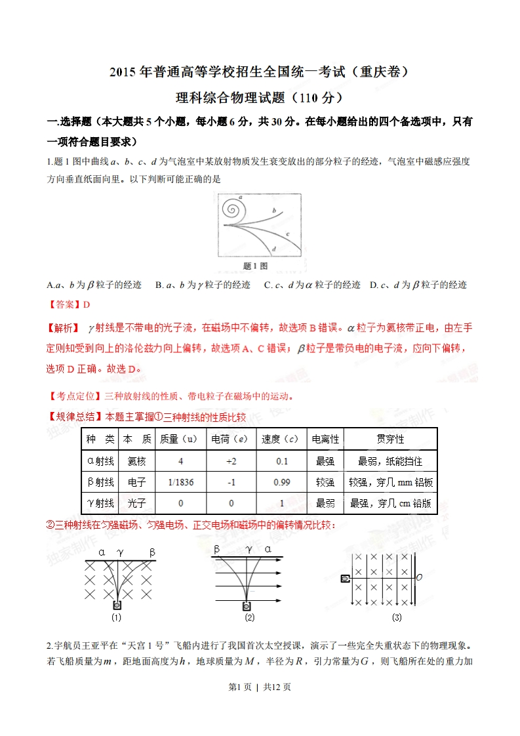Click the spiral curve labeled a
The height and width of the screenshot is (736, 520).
point(231,209)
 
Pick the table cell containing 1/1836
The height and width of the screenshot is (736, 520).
point(180,482)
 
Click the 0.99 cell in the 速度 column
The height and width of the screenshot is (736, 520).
point(282,482)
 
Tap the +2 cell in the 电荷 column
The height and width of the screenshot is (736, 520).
point(231,461)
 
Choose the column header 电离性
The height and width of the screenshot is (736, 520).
point(326,439)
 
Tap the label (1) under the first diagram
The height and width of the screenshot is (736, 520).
point(116,617)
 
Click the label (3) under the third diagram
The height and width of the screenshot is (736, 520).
point(397,617)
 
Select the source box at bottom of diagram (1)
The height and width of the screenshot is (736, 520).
point(117,605)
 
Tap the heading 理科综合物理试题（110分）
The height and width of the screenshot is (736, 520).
point(260,98)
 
